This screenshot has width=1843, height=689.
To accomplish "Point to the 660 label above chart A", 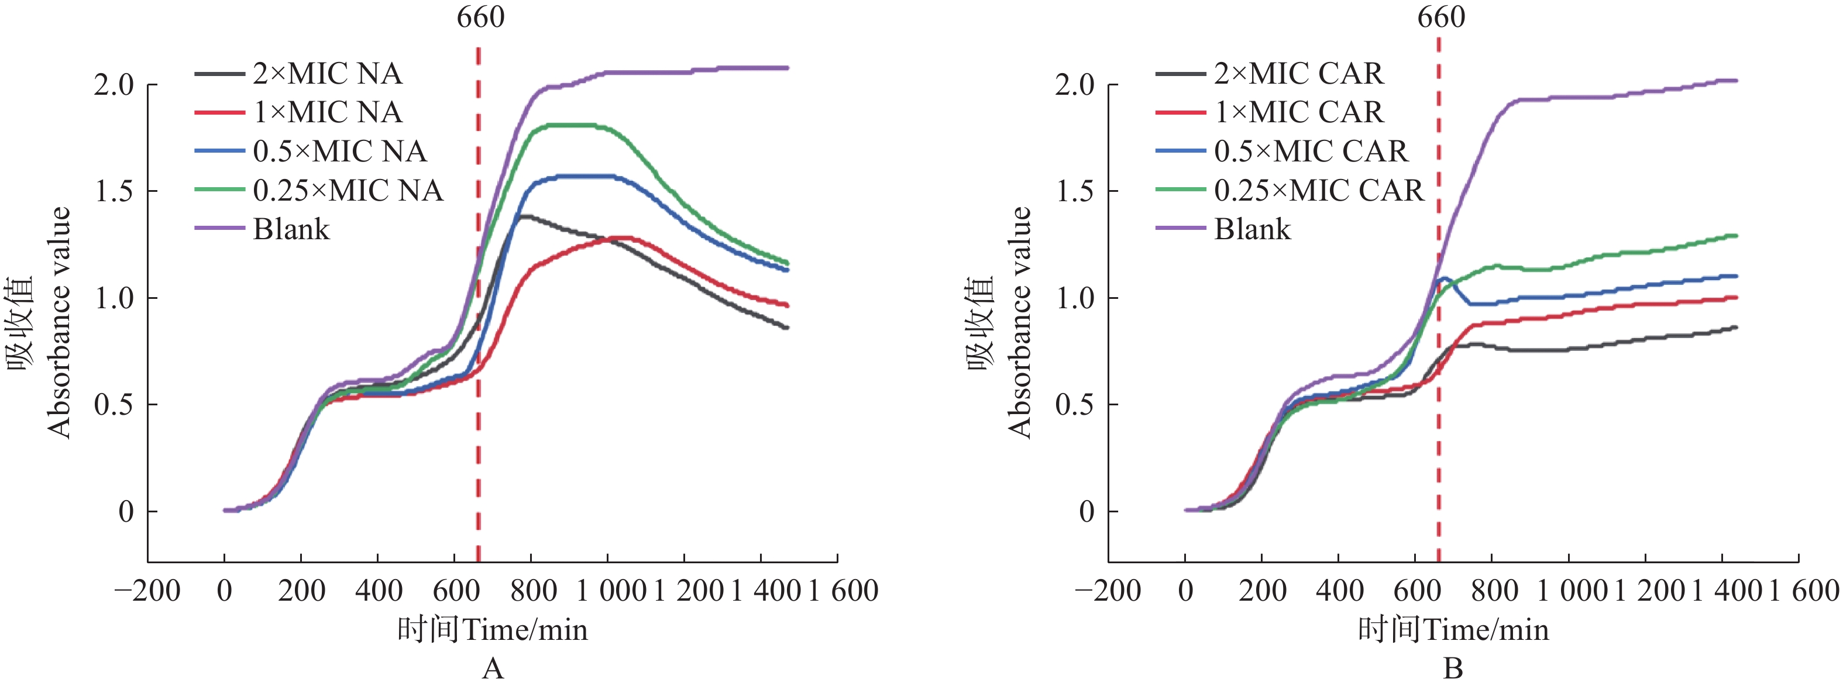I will pyautogui.click(x=481, y=17).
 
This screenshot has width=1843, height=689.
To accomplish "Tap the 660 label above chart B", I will pyautogui.click(x=1442, y=17).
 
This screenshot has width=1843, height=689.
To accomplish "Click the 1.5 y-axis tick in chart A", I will pyautogui.click(x=115, y=192).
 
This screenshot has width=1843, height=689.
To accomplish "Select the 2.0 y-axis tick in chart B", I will pyautogui.click(x=1075, y=85).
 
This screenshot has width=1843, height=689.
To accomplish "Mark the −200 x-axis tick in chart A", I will pyautogui.click(x=147, y=591).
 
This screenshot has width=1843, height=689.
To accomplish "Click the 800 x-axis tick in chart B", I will pyautogui.click(x=1494, y=591).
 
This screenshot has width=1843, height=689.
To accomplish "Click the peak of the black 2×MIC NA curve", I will pyautogui.click(x=526, y=215).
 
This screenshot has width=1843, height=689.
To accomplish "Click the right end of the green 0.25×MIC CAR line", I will pyautogui.click(x=1736, y=235).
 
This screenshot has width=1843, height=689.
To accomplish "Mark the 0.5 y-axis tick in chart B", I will pyautogui.click(x=1075, y=405).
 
